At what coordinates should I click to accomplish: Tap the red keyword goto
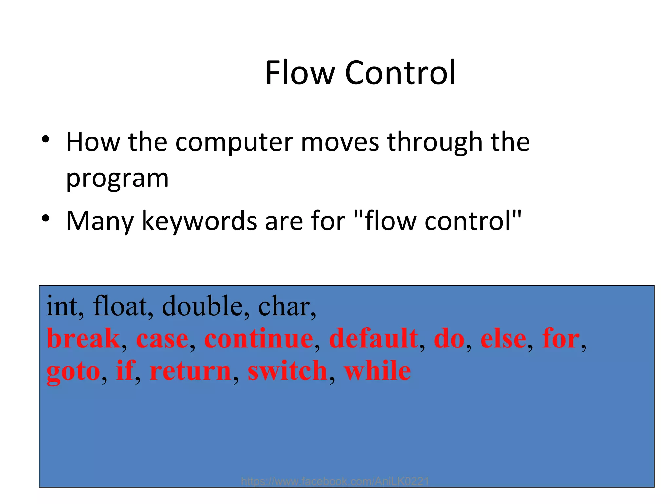73,372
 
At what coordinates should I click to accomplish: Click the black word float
120,306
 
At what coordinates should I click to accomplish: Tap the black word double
202,306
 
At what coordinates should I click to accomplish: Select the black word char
284,306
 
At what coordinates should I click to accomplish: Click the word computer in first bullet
234,142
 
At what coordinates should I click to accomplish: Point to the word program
117,179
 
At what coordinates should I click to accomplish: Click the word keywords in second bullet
199,221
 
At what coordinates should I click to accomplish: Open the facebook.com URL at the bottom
335,481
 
